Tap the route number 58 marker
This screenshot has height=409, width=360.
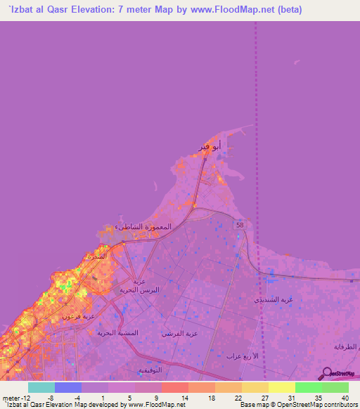[240, 225]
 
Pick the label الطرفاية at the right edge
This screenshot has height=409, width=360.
[346, 347]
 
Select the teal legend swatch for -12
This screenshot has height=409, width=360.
[41, 387]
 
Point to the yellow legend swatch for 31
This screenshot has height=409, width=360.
[282, 387]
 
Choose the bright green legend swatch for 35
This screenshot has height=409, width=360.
[309, 387]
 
